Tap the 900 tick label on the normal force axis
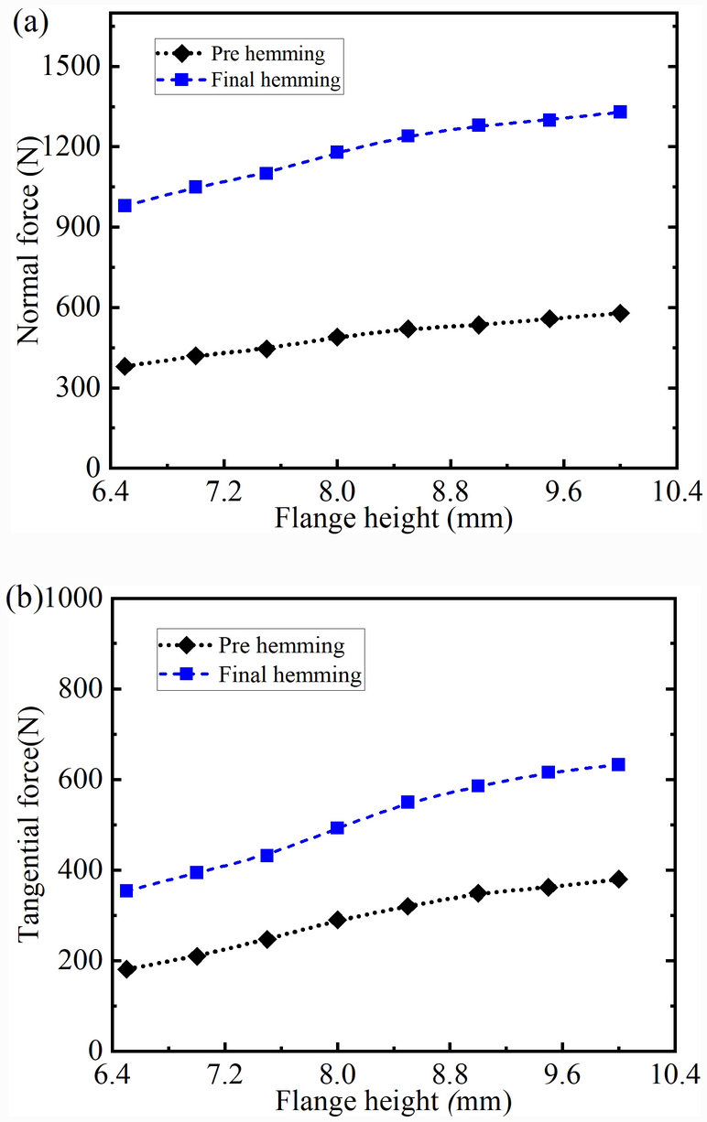82,227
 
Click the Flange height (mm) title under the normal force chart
393,519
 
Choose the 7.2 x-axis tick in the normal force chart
224,493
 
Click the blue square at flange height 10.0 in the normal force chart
620,112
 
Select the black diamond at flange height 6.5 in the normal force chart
125,366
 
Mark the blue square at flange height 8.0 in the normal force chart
337,152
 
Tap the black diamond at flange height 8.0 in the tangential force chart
337,920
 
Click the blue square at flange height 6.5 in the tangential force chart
126,890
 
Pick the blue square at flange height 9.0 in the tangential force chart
478,785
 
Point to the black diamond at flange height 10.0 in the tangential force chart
619,879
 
